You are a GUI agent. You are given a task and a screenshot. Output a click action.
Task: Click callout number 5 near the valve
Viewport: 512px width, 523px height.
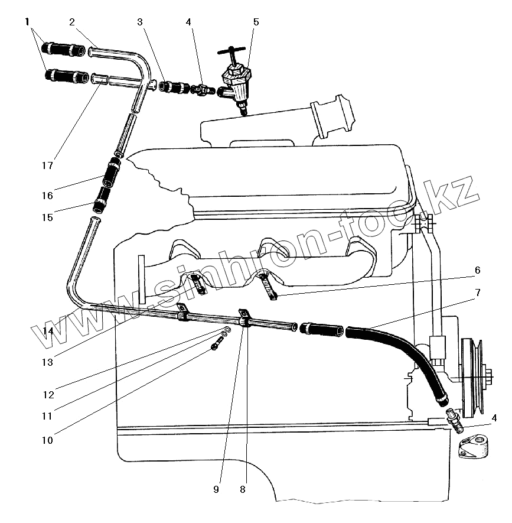(256, 22)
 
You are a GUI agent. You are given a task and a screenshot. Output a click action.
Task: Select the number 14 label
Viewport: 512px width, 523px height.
(48, 332)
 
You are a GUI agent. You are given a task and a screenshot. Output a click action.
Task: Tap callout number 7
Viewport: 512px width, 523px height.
(477, 293)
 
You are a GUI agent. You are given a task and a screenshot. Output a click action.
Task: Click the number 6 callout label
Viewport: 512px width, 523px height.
(477, 270)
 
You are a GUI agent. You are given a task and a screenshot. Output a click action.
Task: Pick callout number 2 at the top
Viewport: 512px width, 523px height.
(71, 22)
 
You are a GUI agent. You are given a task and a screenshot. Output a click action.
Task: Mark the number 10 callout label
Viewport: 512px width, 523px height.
(47, 440)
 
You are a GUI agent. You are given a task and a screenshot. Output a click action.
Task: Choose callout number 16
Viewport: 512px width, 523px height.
(47, 195)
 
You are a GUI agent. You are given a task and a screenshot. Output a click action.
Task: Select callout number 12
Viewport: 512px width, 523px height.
(47, 394)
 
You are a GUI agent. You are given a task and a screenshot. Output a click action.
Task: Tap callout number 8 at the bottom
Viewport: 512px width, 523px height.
(242, 489)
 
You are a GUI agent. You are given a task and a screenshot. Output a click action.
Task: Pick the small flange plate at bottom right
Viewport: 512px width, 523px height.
(476, 446)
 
